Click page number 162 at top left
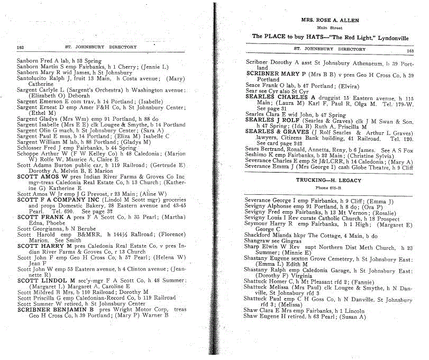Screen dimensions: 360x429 (x=21, y=47)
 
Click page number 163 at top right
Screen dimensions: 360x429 (x=410, y=51)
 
